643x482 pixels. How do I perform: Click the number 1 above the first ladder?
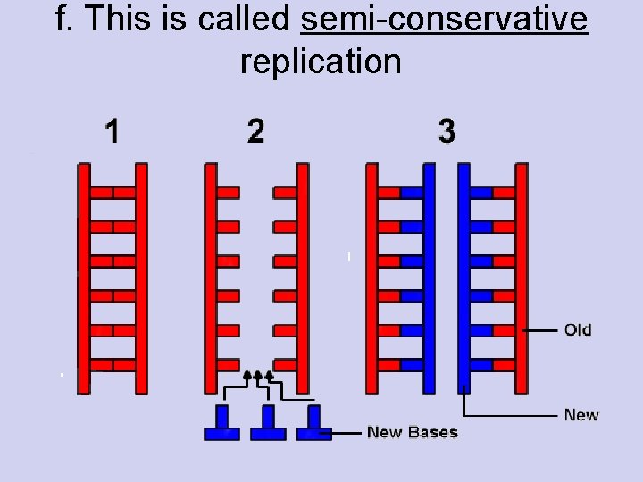click(112, 132)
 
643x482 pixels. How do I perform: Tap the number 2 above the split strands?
click(256, 132)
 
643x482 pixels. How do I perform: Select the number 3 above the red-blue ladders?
click(447, 132)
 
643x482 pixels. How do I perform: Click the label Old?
click(578, 330)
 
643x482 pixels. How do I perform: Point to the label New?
click(581, 415)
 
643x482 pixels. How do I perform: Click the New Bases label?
click(412, 433)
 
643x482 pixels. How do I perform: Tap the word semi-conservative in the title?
click(445, 20)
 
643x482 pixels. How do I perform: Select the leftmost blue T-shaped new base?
click(221, 424)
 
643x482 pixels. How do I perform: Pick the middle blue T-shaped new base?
click(268, 424)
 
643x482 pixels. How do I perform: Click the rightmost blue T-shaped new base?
click(313, 424)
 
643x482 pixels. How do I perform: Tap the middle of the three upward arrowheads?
click(259, 373)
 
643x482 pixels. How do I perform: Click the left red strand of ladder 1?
click(84, 277)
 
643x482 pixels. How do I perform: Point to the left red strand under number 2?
click(211, 277)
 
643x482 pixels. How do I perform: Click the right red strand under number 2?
click(303, 277)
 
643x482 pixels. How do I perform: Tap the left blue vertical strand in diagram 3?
click(429, 277)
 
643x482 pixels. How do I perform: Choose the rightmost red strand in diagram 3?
click(522, 277)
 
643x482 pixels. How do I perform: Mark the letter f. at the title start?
click(64, 20)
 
